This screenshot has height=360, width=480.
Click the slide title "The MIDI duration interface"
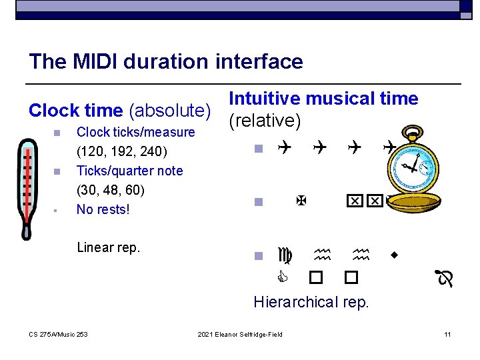click(165, 62)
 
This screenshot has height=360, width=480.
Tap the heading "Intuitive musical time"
click(323, 99)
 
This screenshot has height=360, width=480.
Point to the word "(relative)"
click(265, 121)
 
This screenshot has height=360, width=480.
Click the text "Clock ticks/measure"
click(136, 132)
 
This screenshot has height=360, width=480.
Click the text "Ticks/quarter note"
click(129, 171)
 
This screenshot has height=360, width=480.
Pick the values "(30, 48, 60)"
click(111, 190)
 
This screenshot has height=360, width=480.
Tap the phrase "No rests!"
click(103, 209)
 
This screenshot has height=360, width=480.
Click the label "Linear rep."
click(109, 247)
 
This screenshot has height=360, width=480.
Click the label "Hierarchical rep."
click(311, 302)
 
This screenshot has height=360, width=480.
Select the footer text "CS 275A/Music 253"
click(58, 333)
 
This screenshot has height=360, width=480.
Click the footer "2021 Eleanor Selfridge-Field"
click(240, 333)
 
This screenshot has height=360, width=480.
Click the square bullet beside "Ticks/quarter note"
click(57, 171)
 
